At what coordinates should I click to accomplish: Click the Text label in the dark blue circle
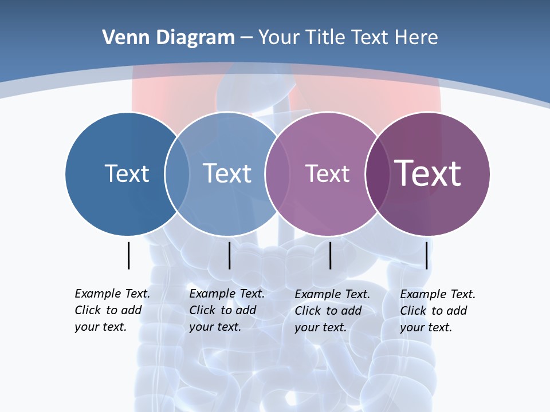tap(127, 173)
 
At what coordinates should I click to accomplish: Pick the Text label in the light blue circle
tap(227, 173)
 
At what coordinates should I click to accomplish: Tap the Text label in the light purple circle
tap(327, 173)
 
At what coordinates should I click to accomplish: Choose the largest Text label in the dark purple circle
tap(428, 173)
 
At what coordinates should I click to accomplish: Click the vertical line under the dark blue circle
tap(128, 255)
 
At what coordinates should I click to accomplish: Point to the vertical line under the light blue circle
tap(229, 255)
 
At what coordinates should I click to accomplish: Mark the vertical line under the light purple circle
tap(330, 255)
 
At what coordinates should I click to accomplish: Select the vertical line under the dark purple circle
tap(426, 255)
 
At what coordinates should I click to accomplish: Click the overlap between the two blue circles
tap(177, 174)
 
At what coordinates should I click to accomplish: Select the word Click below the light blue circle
tap(202, 310)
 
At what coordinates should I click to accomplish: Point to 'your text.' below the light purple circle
tap(320, 327)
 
